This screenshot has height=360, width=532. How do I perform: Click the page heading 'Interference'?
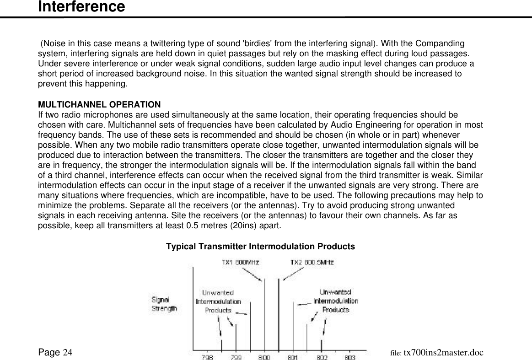pos(81,7)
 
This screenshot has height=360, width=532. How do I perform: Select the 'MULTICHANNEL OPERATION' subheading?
pos(99,104)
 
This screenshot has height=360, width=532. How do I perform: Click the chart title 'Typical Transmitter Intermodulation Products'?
pos(260,247)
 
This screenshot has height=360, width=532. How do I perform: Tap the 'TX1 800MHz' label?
pos(240,263)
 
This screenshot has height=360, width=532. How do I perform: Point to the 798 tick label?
pos(207,356)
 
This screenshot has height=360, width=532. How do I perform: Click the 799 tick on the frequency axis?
pos(236,356)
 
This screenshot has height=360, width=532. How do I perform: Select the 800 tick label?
pos(264,356)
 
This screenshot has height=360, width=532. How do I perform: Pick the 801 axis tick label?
pos(293,356)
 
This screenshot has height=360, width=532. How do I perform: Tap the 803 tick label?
pos(350,356)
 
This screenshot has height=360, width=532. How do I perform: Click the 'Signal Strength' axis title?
pos(164,304)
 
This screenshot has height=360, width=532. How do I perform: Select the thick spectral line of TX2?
pos(279,316)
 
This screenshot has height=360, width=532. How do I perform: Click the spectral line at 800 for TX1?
pos(264,316)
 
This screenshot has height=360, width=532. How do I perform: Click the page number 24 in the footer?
pos(68,352)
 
